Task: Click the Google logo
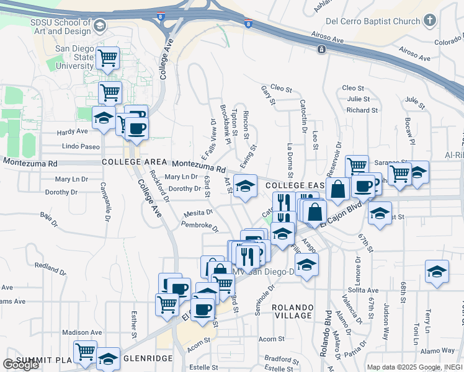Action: [20, 365]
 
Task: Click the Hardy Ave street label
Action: [73, 131]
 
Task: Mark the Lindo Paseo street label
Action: [81, 146]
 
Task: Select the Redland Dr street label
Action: [50, 265]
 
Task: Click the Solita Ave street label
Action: [363, 290]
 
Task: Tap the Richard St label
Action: [358, 110]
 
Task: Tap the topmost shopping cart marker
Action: [109, 58]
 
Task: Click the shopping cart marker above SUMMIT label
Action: [85, 352]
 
